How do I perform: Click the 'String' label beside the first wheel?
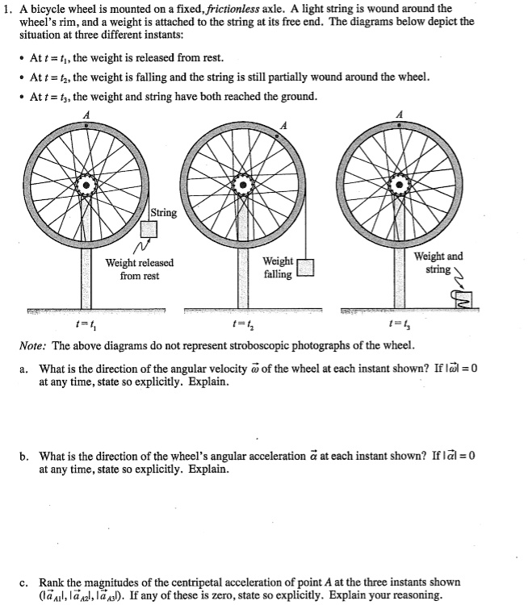pyautogui.click(x=164, y=213)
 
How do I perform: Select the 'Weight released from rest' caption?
pyautogui.click(x=140, y=269)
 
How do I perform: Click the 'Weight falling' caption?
pyautogui.click(x=279, y=268)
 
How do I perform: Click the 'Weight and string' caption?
pyautogui.click(x=438, y=262)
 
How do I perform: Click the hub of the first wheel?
pyautogui.click(x=86, y=186)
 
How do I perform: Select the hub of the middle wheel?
pyautogui.click(x=243, y=186)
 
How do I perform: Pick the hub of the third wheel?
pyautogui.click(x=399, y=186)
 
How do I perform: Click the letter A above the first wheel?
pyautogui.click(x=86, y=115)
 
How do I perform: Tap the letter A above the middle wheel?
pyautogui.click(x=283, y=126)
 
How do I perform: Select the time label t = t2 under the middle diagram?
pyautogui.click(x=241, y=326)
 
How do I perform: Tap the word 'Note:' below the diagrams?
pyautogui.click(x=34, y=346)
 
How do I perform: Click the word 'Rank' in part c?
pyautogui.click(x=52, y=582)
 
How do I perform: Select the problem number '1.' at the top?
pyautogui.click(x=6, y=8)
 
